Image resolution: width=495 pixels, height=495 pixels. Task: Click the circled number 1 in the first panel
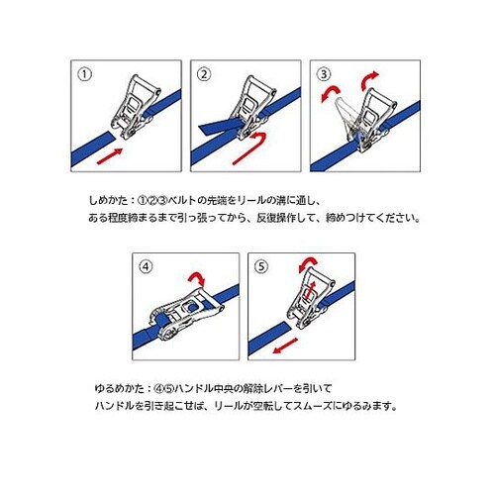coord(84,74)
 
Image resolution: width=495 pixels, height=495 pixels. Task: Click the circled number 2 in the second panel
coord(204,74)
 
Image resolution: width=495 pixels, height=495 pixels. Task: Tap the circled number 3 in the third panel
coord(324,74)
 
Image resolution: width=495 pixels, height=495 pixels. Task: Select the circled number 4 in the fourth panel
coord(146,266)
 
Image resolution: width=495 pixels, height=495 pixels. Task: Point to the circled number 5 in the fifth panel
coord(261,266)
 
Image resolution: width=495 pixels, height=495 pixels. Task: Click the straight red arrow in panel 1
coord(110,156)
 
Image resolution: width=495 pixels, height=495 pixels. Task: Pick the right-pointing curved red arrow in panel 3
coord(369,79)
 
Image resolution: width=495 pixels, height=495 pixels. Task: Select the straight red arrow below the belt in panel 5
coord(285,346)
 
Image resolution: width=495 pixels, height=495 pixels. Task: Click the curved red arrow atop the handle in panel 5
coord(307,263)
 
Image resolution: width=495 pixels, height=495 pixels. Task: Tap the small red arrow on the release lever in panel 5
coord(311,291)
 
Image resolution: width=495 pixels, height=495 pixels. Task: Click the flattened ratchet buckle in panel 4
coord(186,314)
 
